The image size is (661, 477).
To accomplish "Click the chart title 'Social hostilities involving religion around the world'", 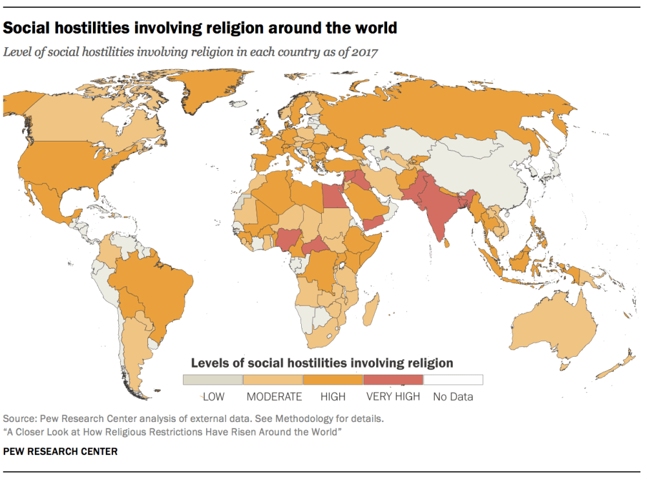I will [x=200, y=28].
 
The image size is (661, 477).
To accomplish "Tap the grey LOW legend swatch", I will [x=213, y=379].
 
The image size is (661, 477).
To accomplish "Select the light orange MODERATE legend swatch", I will [x=273, y=379].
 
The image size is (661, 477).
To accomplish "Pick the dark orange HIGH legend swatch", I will [x=333, y=379].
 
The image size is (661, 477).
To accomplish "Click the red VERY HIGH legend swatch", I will [x=393, y=379].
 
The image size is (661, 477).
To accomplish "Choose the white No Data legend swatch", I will [x=453, y=379].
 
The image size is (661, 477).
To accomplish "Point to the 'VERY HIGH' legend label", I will [x=393, y=396].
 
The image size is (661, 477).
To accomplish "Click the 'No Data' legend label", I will [x=453, y=396].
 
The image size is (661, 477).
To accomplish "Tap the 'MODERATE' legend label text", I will [x=274, y=396].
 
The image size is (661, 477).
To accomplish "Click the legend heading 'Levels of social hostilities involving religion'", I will [x=321, y=363].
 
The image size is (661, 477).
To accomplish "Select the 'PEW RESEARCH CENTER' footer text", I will [x=61, y=452].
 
